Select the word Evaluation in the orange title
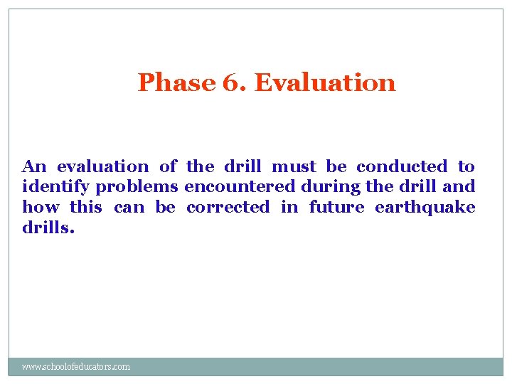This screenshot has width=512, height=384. pos(324,82)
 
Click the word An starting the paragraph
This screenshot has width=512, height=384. pos(34,167)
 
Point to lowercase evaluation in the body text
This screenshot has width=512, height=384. pos(103,167)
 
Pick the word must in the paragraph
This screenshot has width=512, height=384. pos(294,167)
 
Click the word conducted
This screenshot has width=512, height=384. pos(402,167)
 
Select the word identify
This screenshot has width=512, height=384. pos(57,188)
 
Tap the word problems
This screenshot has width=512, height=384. pos(137,188)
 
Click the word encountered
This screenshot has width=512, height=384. pos(240,187)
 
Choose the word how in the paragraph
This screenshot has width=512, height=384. pos(41,208)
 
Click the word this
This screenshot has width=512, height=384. pos(86,208)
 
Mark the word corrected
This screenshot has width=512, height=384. pos(228,208)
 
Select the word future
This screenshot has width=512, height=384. pos(336,208)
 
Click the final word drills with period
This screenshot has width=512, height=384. pos(48,228)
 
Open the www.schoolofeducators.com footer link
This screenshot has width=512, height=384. pos(76,367)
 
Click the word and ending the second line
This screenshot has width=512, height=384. pos(459,187)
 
